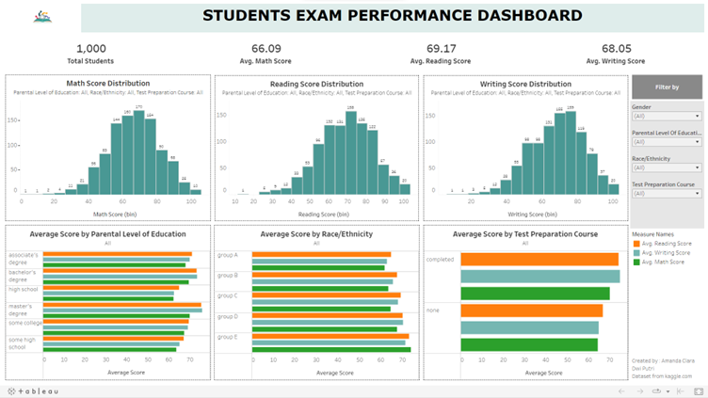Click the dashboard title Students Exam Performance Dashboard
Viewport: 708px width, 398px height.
393,16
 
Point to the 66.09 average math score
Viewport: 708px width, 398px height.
265,49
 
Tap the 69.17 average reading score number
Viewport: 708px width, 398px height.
441,49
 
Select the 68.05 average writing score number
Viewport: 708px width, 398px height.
617,49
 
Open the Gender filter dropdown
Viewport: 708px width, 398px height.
666,117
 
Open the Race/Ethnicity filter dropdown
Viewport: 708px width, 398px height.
666,167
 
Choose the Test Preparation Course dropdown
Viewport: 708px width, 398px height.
666,193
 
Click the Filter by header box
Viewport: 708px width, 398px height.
667,87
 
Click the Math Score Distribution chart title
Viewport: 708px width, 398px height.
108,84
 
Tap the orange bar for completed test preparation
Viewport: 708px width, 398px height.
539,260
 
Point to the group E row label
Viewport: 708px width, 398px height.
228,336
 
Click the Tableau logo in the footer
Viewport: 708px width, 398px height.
34,390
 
